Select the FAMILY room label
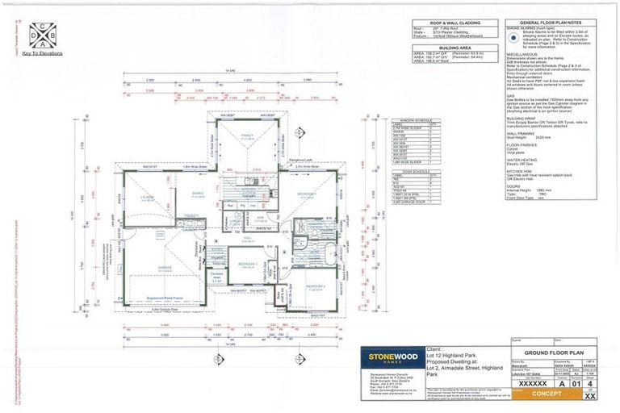(x=247, y=136)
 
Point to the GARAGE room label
(x=165, y=269)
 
